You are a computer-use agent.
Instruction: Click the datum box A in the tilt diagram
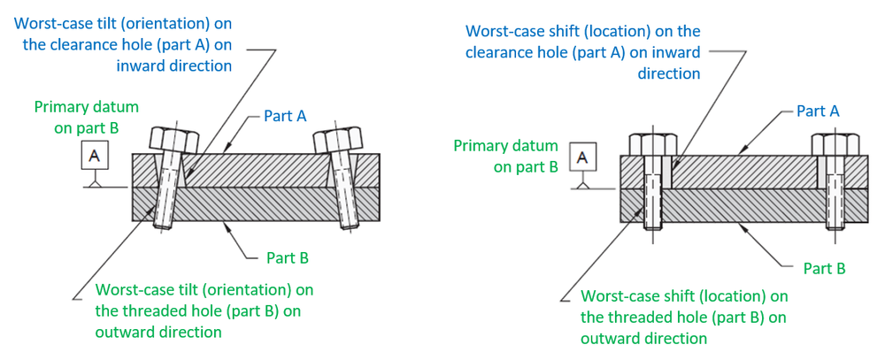(96, 157)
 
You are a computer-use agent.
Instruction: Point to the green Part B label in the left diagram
(288, 258)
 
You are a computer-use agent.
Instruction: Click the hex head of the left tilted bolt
(173, 139)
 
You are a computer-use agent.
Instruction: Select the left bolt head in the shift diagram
(647, 143)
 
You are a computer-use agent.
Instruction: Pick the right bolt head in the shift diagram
(835, 143)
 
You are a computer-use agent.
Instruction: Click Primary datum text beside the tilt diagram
(87, 107)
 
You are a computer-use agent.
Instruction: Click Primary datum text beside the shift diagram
(505, 146)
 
